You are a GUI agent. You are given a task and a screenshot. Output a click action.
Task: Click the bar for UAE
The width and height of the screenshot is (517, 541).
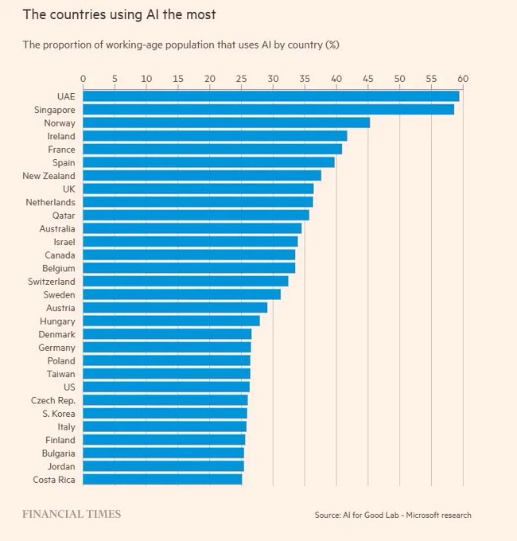coord(271,96)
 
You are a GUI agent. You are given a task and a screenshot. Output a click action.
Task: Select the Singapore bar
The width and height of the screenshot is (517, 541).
coord(269,109)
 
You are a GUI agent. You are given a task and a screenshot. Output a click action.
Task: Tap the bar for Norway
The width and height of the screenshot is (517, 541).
coord(227,123)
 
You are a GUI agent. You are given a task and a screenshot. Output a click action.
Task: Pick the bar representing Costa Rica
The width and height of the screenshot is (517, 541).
coord(162,479)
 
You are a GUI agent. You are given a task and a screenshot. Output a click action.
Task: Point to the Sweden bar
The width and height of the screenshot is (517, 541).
coord(182,294)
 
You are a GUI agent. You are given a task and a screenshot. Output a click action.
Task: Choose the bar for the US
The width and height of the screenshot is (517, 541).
coord(166,387)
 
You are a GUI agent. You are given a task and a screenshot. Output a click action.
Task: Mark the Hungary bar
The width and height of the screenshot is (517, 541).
coord(172,321)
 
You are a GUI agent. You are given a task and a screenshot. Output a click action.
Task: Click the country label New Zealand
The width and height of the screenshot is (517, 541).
coord(49,176)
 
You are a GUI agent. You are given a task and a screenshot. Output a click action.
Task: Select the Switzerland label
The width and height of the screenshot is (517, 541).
coord(52,281)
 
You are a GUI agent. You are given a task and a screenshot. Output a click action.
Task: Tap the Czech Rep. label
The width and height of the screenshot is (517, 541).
coord(53,400)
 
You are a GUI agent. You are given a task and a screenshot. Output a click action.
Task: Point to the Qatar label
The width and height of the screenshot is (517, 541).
coord(64,216)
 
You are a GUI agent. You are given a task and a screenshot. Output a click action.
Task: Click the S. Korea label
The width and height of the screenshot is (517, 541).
coord(59,414)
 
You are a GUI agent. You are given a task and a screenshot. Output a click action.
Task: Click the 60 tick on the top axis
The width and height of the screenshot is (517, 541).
coord(463,79)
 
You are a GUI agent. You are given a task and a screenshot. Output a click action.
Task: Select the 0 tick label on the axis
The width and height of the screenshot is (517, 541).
coord(84,79)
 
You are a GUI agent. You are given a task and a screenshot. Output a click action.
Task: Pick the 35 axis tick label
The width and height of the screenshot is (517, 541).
coord(305,79)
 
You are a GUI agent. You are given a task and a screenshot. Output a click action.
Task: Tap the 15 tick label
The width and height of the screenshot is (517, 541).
coord(178,79)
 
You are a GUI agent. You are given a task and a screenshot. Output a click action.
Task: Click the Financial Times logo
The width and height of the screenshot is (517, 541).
coord(72,514)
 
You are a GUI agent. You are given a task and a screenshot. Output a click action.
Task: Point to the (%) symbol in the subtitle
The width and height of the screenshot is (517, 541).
coord(332,45)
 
